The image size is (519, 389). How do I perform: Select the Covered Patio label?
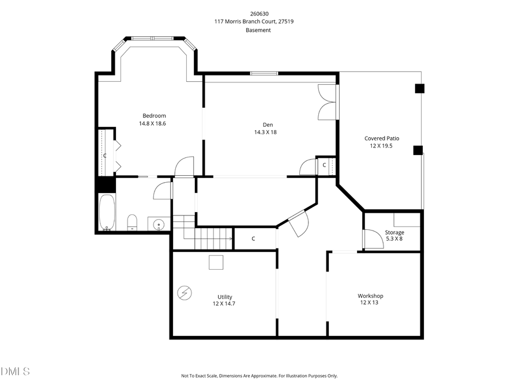click(x=381, y=138)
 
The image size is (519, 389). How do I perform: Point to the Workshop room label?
click(x=370, y=296)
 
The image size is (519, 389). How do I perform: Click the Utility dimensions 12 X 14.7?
click(x=224, y=303)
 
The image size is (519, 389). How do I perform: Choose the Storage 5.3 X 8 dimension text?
click(x=394, y=239)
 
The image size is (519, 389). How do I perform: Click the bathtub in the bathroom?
click(x=107, y=212)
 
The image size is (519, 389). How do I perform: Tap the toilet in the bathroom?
click(x=132, y=222)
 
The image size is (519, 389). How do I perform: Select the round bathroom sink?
click(x=158, y=224)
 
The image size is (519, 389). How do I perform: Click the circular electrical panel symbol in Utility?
click(x=185, y=293)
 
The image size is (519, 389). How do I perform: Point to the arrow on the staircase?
click(x=230, y=238)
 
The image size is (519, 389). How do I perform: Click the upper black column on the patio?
click(x=419, y=89)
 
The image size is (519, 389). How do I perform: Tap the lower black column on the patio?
click(x=418, y=150)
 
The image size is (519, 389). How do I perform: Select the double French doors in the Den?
click(x=326, y=102)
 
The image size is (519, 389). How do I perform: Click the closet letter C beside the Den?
click(x=324, y=165)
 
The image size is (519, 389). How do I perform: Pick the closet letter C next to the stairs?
click(x=254, y=239)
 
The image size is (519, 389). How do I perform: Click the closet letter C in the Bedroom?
click(x=105, y=156)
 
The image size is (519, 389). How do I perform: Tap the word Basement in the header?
click(x=258, y=30)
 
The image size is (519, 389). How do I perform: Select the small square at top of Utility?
click(x=216, y=262)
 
